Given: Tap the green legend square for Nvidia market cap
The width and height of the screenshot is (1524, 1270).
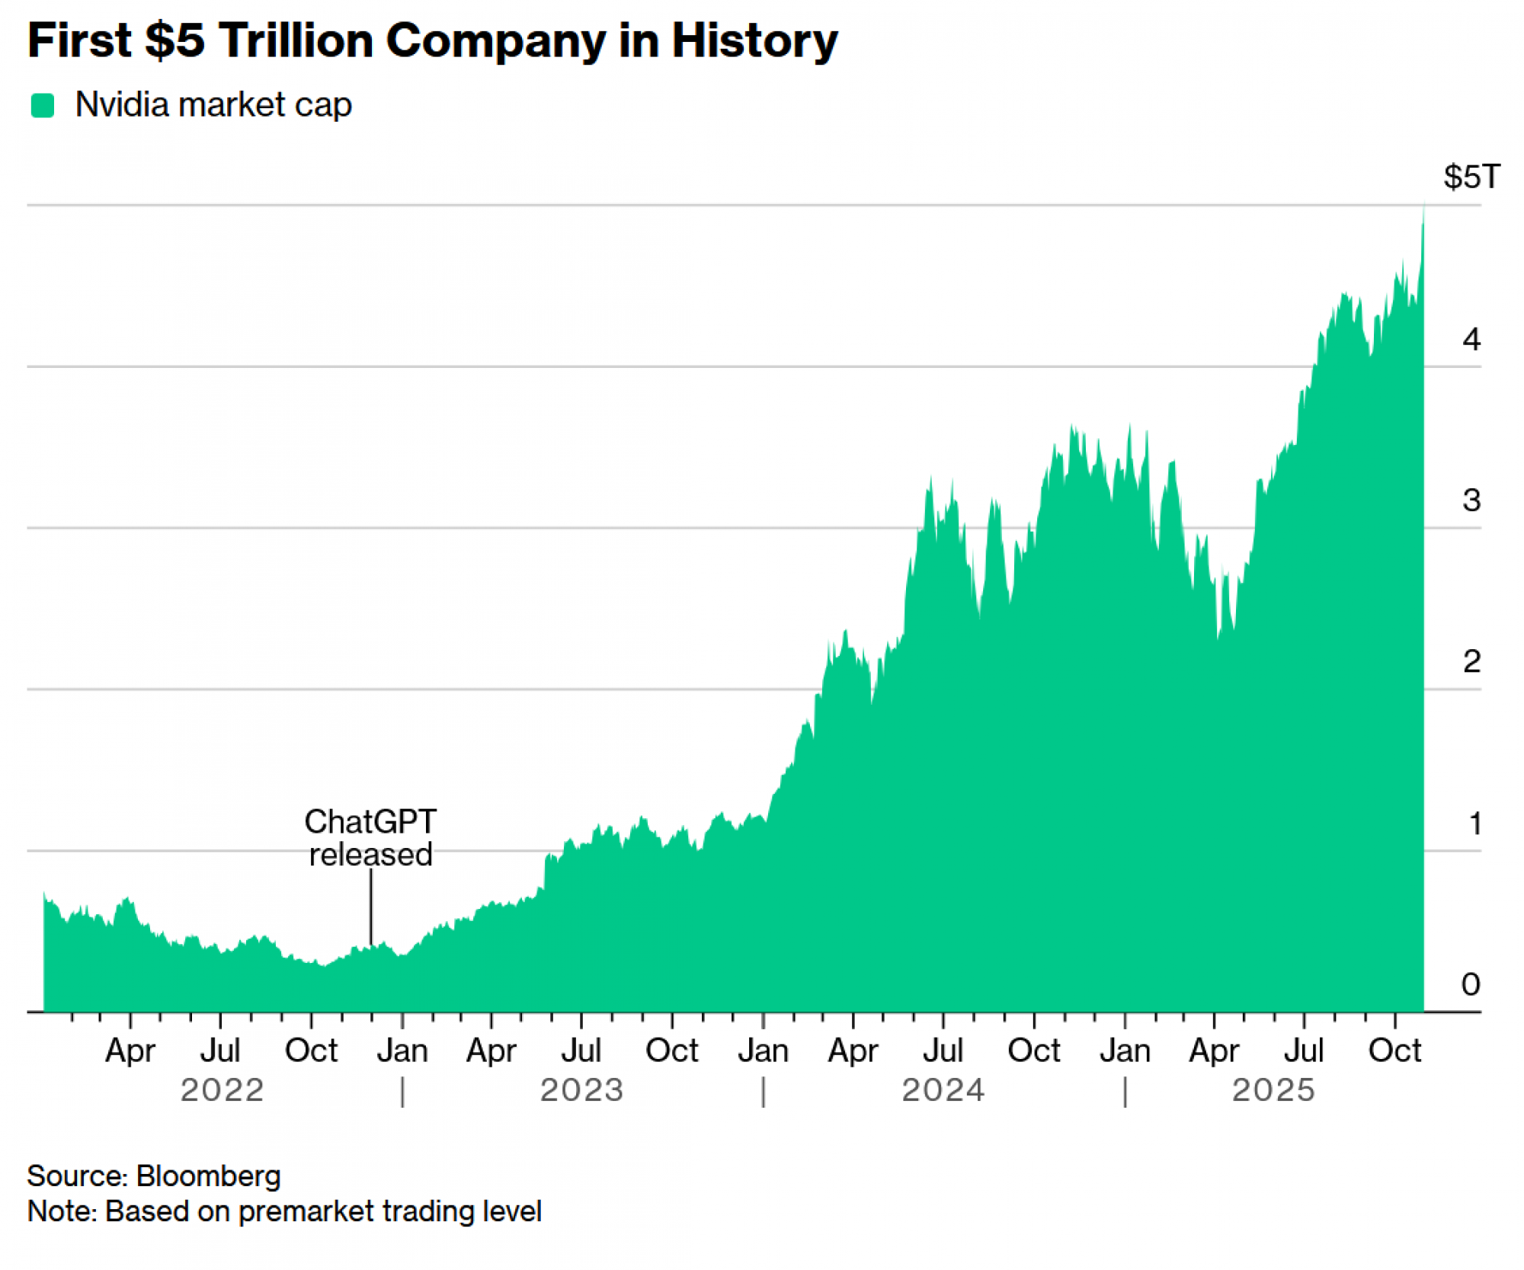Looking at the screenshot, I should coord(43,105).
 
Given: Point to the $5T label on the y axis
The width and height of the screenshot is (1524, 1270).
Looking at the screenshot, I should coord(1471,177).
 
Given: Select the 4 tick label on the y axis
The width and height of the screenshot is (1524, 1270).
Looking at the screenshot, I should coord(1471,339).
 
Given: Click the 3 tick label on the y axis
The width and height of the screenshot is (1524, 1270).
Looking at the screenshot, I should coord(1471,501).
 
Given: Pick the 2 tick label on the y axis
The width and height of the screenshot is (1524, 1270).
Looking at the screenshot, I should coord(1471,661).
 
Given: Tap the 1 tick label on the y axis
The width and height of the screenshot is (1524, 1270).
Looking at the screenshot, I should coord(1474,824).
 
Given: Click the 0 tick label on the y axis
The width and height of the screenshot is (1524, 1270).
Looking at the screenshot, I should coord(1471,984).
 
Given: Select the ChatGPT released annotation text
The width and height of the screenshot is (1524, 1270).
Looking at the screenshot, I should coord(370,838).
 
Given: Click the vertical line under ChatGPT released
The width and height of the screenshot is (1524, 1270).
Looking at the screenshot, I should coord(371,907).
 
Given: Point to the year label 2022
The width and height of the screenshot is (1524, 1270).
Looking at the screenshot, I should coord(222,1090).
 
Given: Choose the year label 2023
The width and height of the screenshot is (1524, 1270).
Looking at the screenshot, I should coord(582,1090).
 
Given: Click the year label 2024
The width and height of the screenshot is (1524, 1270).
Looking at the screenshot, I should coord(943,1090).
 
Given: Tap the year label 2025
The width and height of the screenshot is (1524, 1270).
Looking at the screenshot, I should coord(1273,1090).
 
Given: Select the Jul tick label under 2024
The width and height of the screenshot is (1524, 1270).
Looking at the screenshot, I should coord(943,1051).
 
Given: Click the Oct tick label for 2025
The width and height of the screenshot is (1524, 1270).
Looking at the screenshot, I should coord(1394,1051).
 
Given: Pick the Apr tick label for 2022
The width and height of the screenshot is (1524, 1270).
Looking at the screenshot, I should coord(130,1051).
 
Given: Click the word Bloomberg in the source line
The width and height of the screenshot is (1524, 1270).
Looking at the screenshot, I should coord(208,1176).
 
